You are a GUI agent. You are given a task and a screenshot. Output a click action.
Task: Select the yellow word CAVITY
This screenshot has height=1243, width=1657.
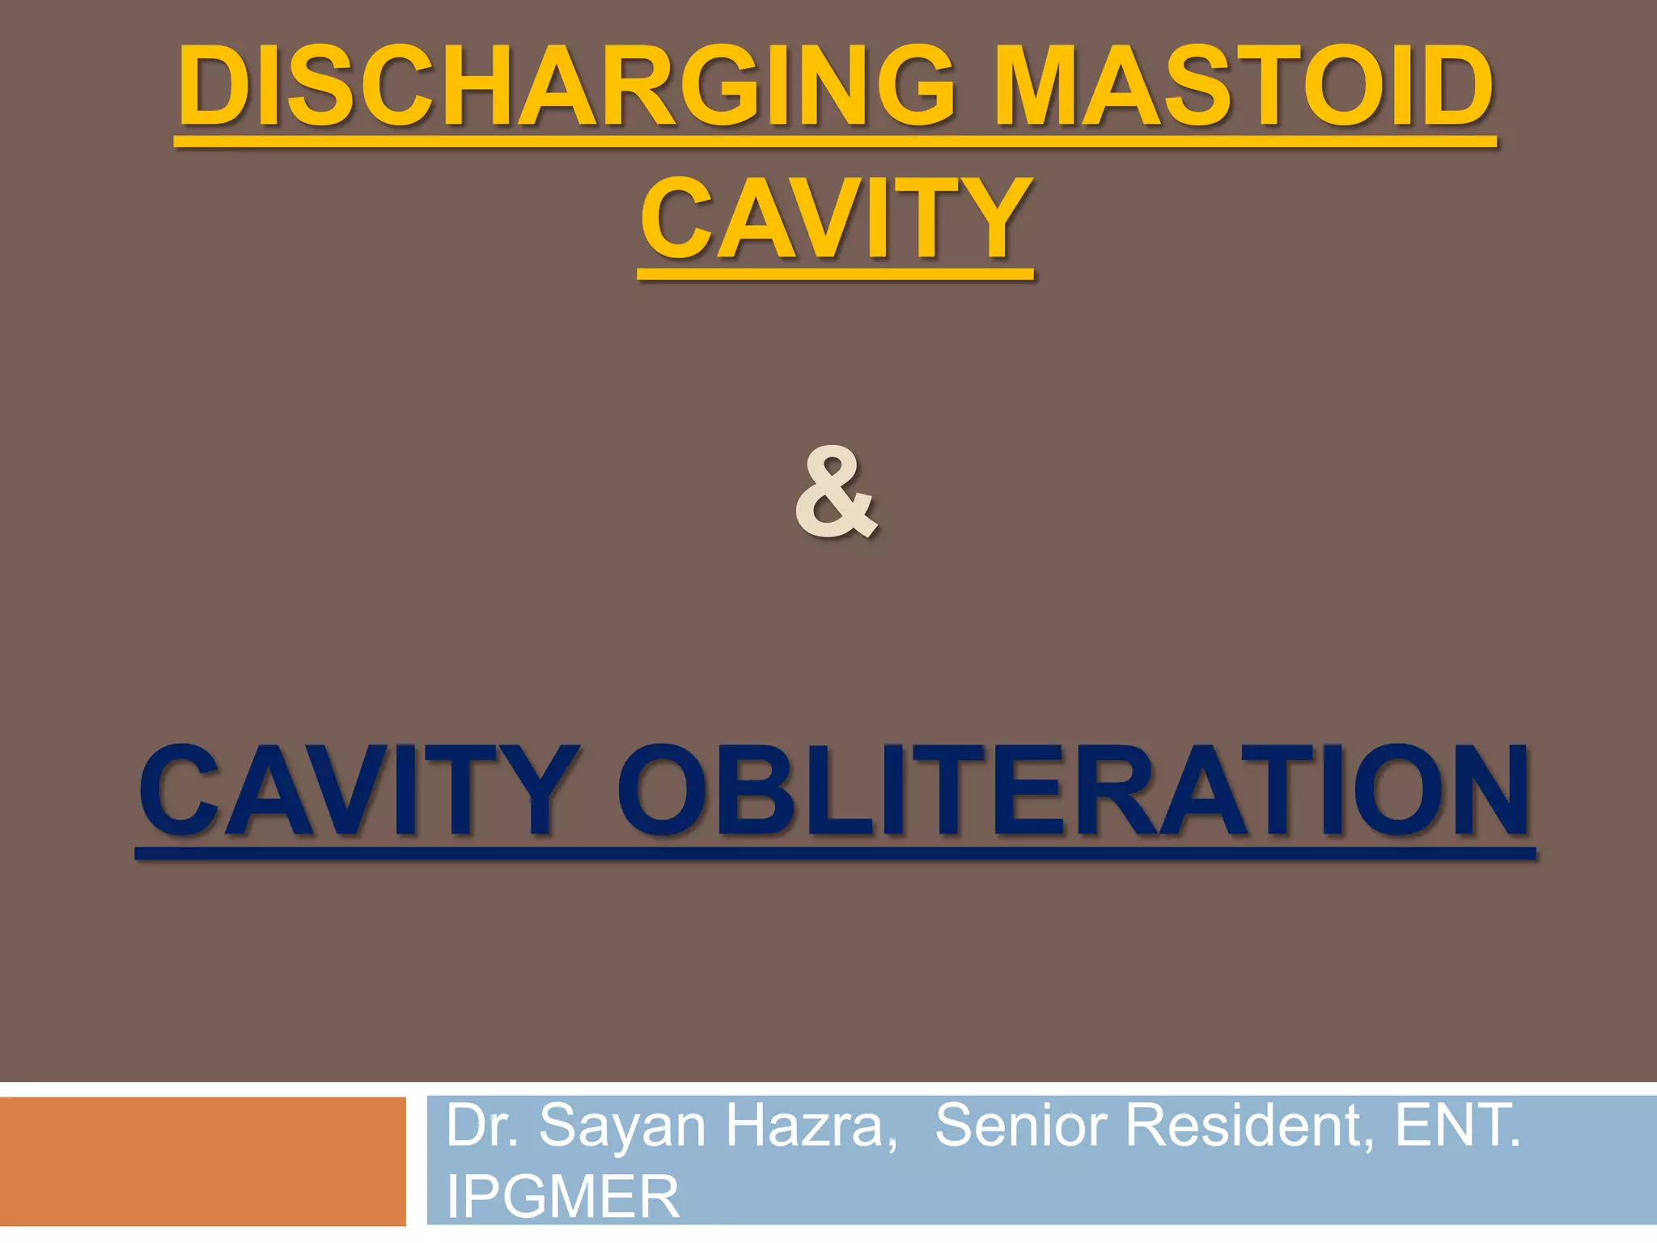click(x=836, y=219)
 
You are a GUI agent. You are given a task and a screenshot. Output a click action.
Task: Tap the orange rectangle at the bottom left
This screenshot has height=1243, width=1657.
click(x=202, y=1161)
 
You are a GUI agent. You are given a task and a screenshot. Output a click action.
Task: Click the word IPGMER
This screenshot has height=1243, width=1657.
click(x=563, y=1197)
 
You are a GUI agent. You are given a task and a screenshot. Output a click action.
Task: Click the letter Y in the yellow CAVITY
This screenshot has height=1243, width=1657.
click(x=992, y=219)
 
